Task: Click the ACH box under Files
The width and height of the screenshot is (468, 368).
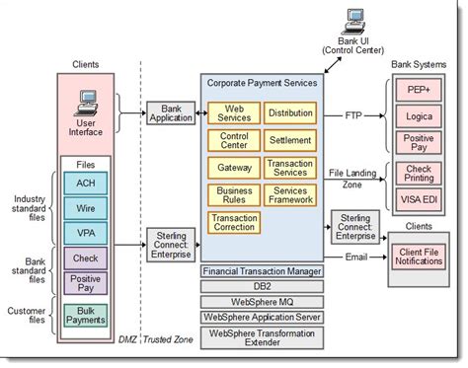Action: pyautogui.click(x=85, y=183)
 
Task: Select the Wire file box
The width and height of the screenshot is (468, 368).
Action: pyautogui.click(x=85, y=208)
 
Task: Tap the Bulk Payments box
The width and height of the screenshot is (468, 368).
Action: pyautogui.click(x=85, y=316)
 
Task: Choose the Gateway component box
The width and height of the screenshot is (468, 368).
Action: pyautogui.click(x=234, y=167)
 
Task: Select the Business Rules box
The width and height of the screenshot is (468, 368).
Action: pyautogui.click(x=234, y=194)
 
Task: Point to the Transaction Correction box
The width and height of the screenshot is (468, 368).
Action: pyautogui.click(x=234, y=223)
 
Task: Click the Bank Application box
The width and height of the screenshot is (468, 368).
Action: pyautogui.click(x=173, y=112)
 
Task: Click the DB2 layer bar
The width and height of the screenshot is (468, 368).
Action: pyautogui.click(x=262, y=286)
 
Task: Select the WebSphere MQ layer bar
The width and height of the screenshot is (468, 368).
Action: pyautogui.click(x=262, y=302)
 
